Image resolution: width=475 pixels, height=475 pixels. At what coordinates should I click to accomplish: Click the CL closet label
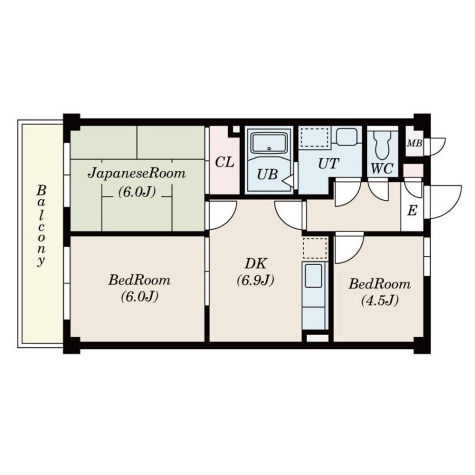pos(225,162)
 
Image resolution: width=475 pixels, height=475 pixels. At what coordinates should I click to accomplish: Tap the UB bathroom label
pos(267,174)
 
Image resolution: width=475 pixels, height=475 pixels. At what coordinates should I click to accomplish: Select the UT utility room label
pos(328,163)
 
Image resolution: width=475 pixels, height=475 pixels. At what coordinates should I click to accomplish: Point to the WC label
pos(382,169)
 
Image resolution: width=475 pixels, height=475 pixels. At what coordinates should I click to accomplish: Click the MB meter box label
pos(414,143)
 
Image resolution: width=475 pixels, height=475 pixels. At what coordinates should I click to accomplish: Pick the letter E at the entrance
pos(412,210)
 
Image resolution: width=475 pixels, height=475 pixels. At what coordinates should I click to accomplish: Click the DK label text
pos(256,264)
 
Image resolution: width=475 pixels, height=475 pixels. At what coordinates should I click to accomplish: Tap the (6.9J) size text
pos(256,280)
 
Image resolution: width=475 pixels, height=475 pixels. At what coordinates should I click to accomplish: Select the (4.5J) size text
pos(380,300)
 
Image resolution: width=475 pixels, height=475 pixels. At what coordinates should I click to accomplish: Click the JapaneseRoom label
pos(137,174)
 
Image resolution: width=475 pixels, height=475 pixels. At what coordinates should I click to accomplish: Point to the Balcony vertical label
pos(41,226)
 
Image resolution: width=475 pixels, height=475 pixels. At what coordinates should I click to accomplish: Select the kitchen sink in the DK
pos(313,275)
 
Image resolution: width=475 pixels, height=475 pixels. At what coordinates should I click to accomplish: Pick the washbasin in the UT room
pos(347,137)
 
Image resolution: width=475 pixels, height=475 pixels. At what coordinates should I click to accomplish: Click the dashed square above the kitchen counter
pos(315,248)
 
